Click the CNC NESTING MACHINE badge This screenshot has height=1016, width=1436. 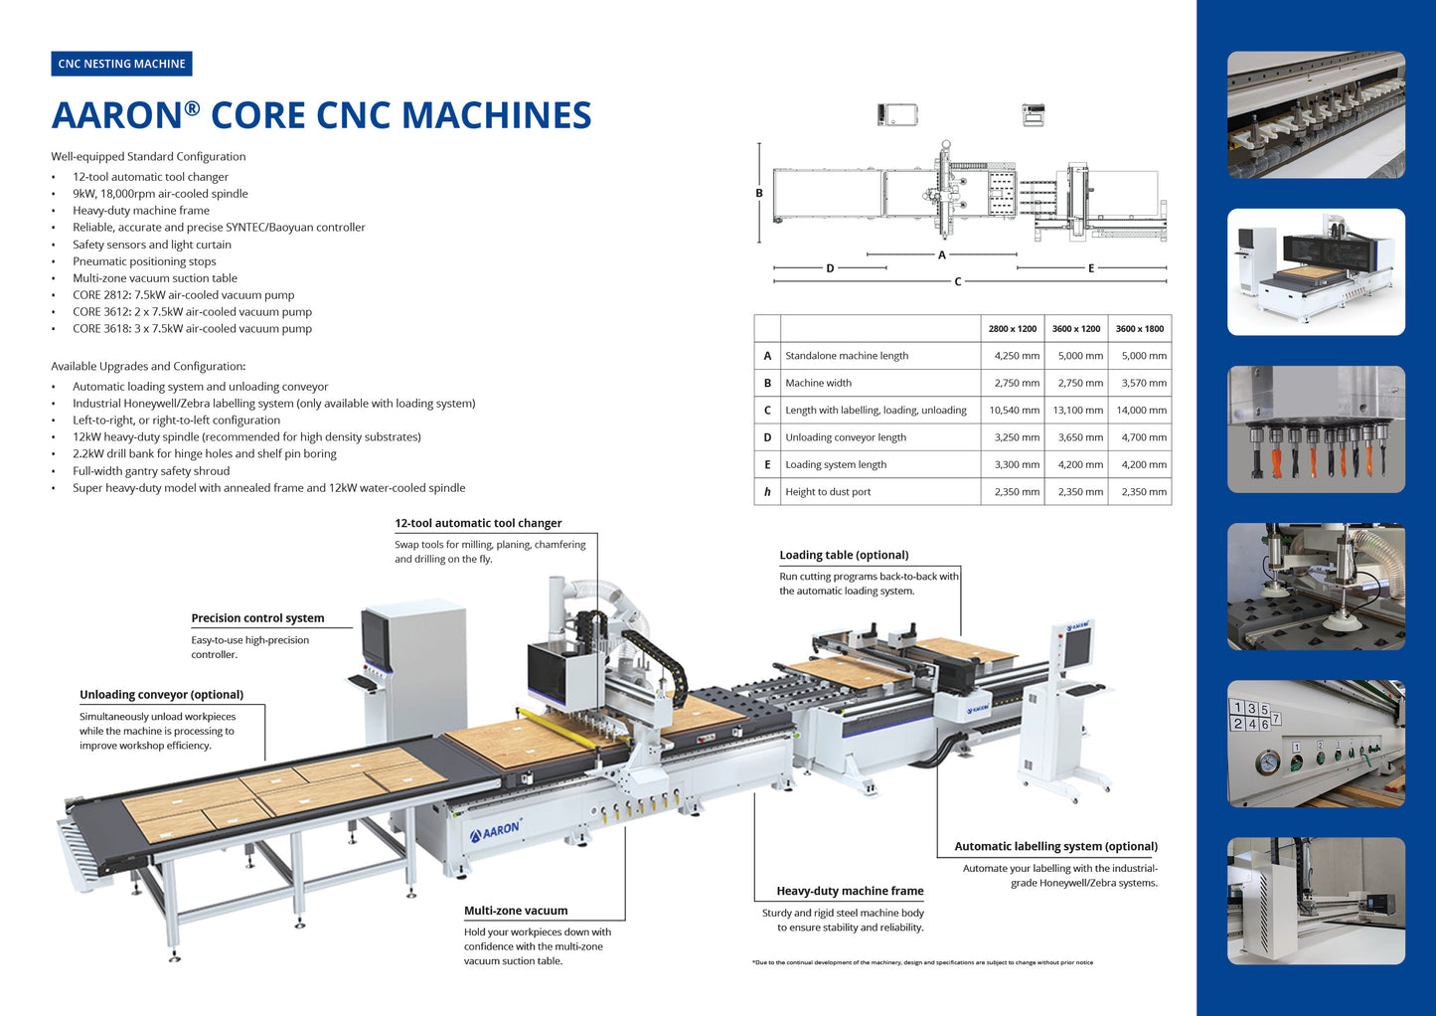tap(121, 64)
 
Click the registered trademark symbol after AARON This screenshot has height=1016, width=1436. tap(192, 108)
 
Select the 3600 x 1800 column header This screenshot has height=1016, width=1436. tap(1139, 329)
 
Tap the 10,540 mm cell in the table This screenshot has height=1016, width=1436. tap(1014, 411)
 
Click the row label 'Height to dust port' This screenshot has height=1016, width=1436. tap(828, 492)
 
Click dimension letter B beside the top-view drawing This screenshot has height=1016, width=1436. tap(759, 194)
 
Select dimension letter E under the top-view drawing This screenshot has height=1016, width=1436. tap(1091, 268)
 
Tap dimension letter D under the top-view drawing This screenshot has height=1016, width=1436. tap(830, 268)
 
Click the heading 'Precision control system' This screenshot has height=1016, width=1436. tap(257, 618)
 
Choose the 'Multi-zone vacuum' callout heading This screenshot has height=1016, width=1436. tap(516, 911)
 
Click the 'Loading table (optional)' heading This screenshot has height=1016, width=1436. tap(844, 555)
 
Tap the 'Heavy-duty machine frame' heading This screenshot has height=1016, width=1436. tap(850, 891)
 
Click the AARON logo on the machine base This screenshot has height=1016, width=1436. tap(496, 830)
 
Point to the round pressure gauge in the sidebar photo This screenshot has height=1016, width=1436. tap(1267, 762)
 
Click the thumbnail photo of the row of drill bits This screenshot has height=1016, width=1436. tap(1316, 429)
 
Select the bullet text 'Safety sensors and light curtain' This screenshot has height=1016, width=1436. tap(152, 245)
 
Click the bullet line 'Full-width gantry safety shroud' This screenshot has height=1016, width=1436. tap(151, 471)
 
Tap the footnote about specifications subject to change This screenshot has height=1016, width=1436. tap(922, 962)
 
